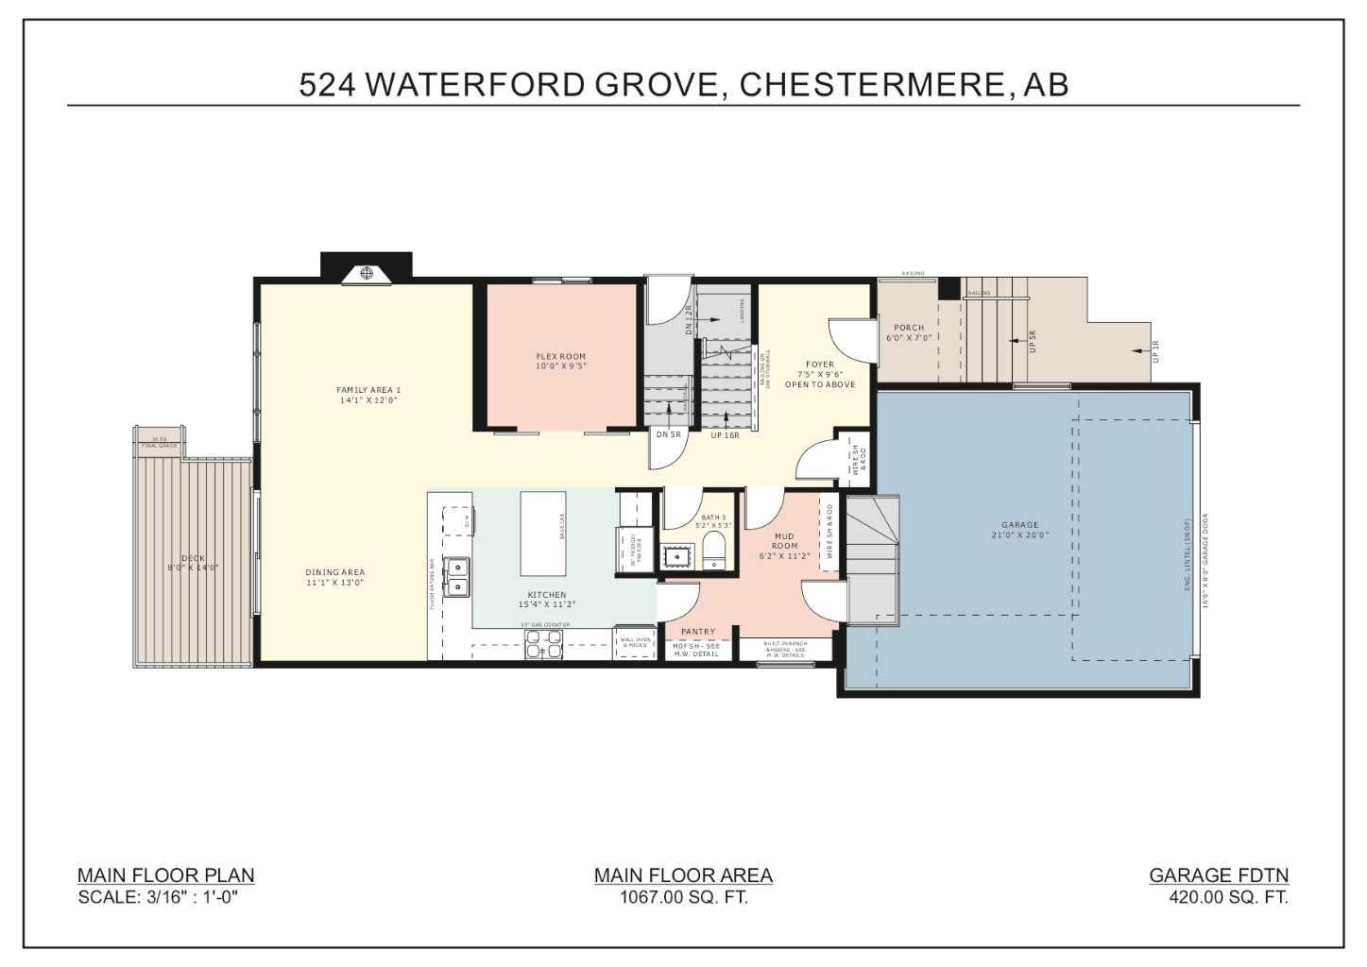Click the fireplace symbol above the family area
367,274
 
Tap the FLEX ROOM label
561,357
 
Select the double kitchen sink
457,577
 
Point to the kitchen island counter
543,533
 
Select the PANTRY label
698,632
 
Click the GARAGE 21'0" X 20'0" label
1019,530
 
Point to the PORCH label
909,328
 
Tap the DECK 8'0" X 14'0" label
193,563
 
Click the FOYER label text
820,365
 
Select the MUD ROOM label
784,541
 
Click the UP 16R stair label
725,435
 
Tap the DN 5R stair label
668,434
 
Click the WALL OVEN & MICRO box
634,642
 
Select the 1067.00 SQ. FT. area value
683,897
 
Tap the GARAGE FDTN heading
1218,875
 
